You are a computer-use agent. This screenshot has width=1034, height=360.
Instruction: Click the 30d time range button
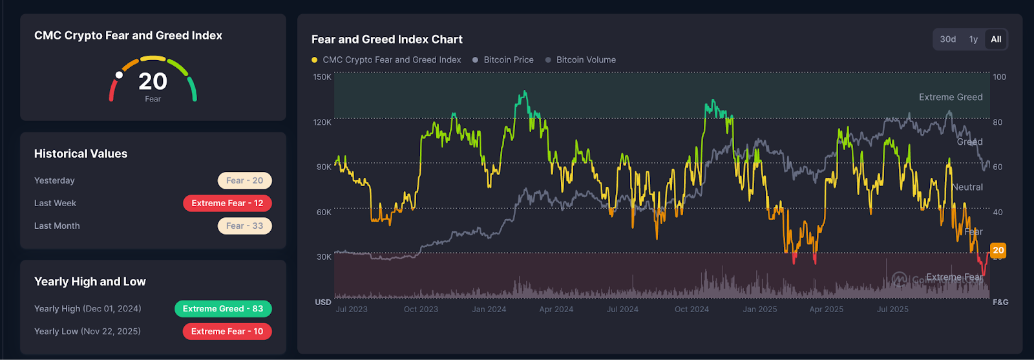click(948, 39)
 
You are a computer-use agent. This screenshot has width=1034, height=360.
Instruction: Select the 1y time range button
click(973, 39)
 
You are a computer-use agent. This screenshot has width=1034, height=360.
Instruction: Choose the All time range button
click(996, 39)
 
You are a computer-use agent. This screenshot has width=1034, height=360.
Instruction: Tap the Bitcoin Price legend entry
click(508, 59)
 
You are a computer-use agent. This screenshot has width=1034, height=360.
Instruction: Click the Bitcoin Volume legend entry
click(586, 59)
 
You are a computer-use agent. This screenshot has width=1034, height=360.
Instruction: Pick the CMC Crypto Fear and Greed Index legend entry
click(391, 59)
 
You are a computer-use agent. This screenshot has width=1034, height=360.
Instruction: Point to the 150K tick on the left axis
click(322, 77)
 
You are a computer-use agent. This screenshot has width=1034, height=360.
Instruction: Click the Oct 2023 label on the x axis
click(421, 310)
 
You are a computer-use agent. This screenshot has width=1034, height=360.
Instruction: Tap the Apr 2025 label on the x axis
click(826, 310)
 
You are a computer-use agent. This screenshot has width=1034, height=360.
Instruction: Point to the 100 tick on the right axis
click(999, 77)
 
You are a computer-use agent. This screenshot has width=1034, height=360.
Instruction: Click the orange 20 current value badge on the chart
click(998, 250)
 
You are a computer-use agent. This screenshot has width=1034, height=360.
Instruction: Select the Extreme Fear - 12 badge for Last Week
click(227, 203)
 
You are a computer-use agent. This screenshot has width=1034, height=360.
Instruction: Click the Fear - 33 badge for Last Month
click(244, 226)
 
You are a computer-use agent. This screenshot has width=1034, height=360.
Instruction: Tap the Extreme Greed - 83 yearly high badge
click(223, 309)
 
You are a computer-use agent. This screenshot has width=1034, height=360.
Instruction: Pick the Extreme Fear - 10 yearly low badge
click(227, 332)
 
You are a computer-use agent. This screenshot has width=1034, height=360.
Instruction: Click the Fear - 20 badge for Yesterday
click(244, 180)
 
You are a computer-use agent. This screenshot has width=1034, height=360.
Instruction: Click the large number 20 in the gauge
click(153, 81)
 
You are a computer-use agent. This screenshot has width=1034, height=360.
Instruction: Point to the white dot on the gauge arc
click(119, 75)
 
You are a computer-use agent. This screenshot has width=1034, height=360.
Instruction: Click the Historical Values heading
click(81, 154)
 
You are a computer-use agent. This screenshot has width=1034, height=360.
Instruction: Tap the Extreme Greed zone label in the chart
click(950, 97)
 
